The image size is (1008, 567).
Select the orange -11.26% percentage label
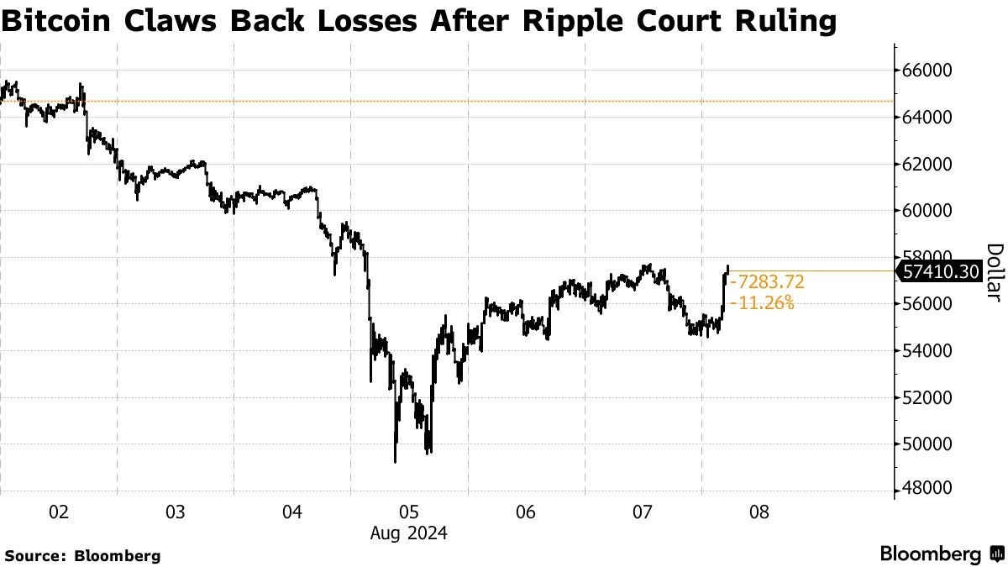click(763, 303)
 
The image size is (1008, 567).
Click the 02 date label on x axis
click(59, 511)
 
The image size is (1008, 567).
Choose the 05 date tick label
click(409, 511)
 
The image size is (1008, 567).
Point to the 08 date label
click(759, 511)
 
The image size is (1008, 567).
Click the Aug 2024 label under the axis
click(410, 533)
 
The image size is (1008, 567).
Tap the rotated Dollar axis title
click(994, 272)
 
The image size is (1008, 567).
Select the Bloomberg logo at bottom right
click(941, 554)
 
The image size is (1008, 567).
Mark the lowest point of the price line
click(395, 462)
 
